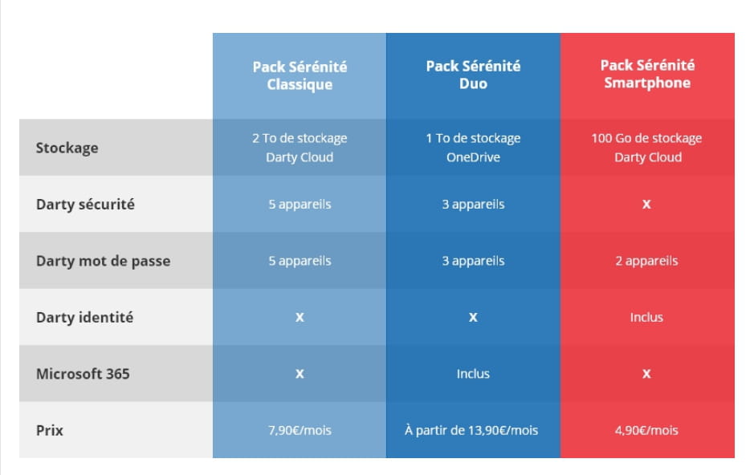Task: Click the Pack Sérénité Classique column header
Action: click(300, 75)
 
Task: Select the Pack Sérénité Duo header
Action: click(473, 75)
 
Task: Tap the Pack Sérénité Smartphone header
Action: click(647, 74)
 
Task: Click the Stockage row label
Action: click(67, 148)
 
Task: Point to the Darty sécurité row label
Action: click(85, 204)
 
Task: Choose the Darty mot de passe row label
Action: click(104, 261)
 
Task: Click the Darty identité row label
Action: click(84, 317)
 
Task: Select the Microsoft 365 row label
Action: click(83, 374)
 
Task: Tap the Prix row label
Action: click(49, 430)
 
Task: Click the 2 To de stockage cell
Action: click(300, 147)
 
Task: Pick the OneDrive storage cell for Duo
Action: click(473, 147)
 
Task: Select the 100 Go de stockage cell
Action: click(646, 147)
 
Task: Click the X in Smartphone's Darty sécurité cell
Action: click(646, 205)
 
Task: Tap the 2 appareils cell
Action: click(646, 261)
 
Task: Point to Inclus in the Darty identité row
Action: click(646, 317)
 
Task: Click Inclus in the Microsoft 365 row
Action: click(473, 374)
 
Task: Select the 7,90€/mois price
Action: click(300, 430)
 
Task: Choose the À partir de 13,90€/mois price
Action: click(471, 430)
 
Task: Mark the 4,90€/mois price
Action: click(646, 430)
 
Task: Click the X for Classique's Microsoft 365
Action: click(300, 374)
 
